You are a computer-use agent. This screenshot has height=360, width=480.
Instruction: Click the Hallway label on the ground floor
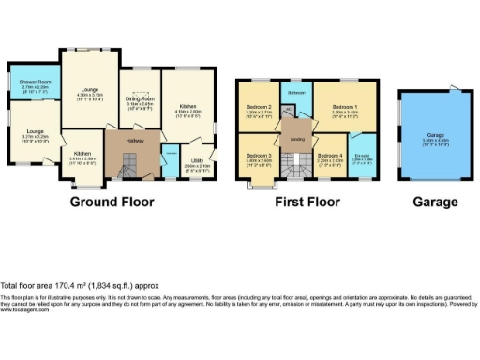[127, 141]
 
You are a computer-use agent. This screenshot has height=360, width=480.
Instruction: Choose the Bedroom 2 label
[258, 110]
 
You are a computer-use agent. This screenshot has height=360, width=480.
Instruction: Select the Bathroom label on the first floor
[296, 92]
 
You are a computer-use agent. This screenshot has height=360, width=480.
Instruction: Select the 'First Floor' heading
[305, 202]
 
